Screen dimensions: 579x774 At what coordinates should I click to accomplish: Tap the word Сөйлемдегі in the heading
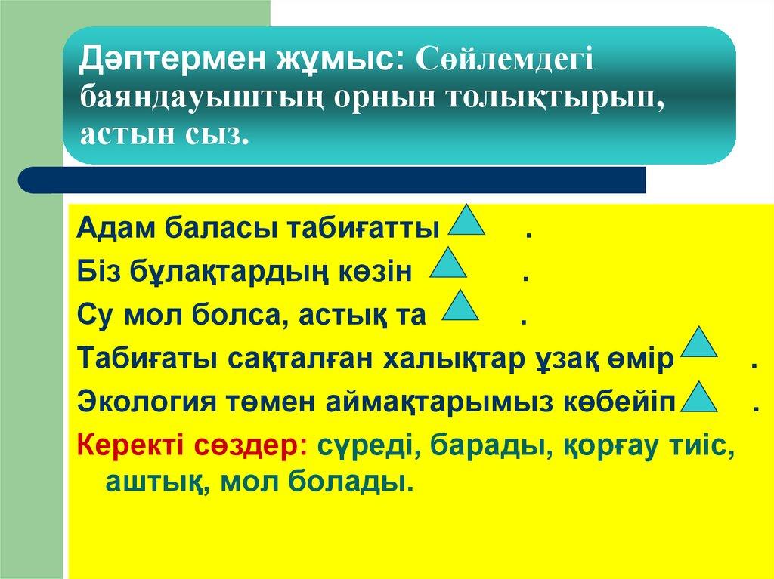tap(506, 59)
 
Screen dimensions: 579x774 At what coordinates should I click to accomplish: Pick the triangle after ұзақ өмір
tap(699, 343)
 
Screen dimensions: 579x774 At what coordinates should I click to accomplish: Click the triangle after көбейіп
tap(699, 398)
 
